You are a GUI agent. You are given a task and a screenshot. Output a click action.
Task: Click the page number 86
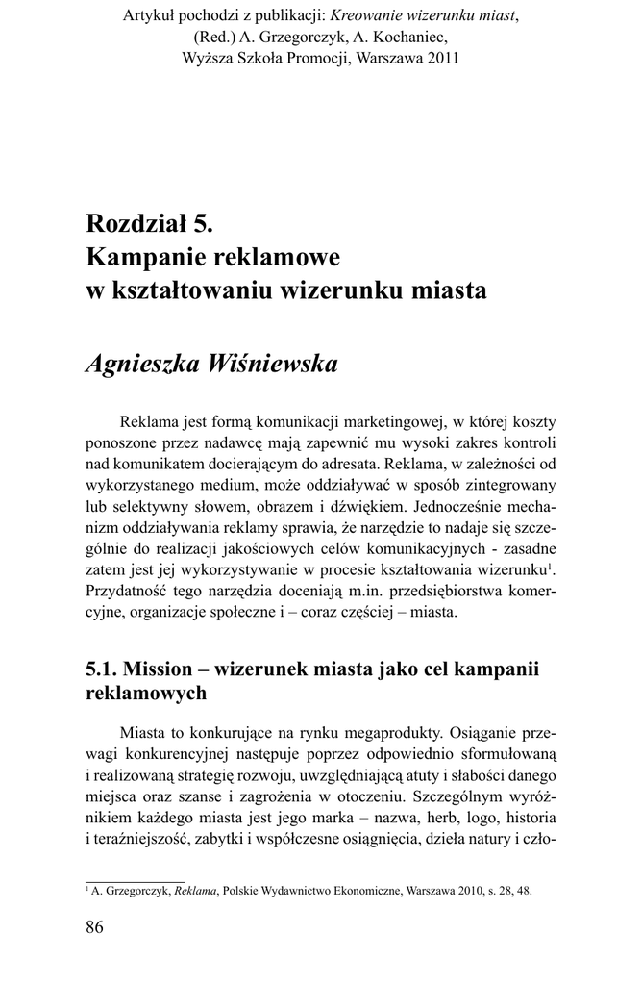94,926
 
